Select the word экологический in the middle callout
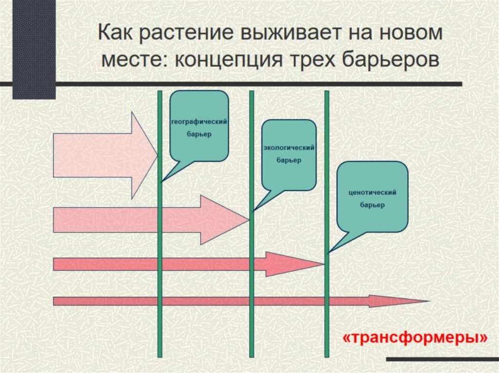pos(288,148)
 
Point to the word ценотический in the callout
pos(372,193)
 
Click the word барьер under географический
pos(199,134)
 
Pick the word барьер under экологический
pos(288,160)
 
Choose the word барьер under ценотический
pos(372,205)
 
